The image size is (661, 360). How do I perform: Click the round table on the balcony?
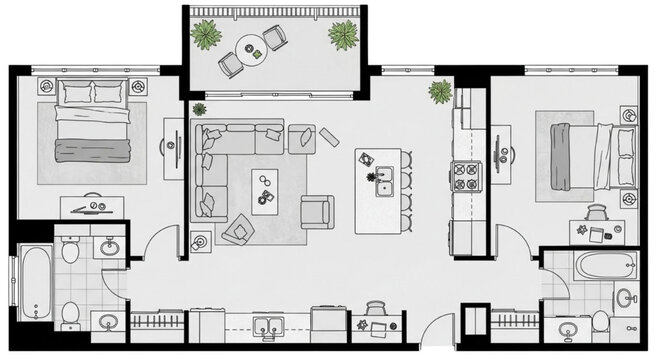click(x=249, y=44)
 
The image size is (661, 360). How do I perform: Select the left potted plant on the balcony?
click(x=207, y=34)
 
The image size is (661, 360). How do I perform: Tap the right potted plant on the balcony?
click(x=343, y=36)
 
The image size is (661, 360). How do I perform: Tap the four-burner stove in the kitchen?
click(x=467, y=177)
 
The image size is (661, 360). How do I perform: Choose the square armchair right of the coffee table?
click(x=317, y=211)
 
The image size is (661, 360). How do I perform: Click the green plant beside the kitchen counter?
click(x=440, y=92)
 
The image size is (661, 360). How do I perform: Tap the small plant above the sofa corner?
click(x=198, y=109)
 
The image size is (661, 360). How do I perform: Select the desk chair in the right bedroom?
click(x=597, y=211)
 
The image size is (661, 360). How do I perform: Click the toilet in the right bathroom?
click(x=600, y=321)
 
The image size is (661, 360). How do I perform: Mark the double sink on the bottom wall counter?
click(x=266, y=325)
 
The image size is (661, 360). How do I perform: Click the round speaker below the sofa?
click(x=199, y=241)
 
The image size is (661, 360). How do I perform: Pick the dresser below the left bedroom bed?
click(x=93, y=207)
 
